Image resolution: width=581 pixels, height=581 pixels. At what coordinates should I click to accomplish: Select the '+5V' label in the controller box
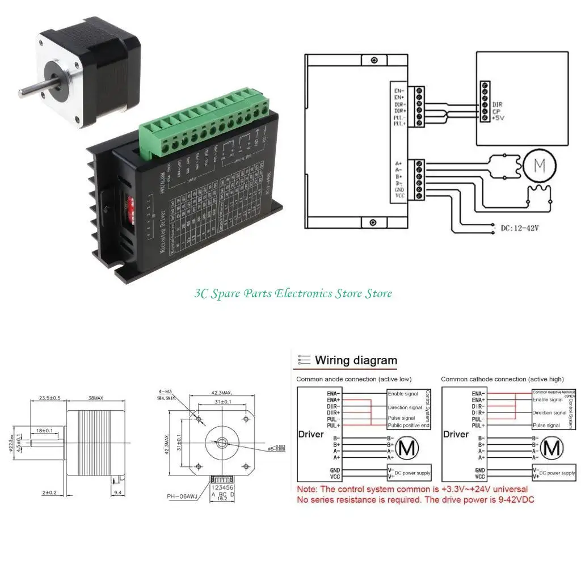[x=498, y=118]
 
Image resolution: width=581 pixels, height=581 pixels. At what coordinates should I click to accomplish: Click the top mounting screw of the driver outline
[x=373, y=61]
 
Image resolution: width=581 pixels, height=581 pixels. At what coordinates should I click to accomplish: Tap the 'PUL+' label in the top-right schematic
[x=400, y=123]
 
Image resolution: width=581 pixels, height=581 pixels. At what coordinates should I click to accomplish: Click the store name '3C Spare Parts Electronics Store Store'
[x=293, y=293]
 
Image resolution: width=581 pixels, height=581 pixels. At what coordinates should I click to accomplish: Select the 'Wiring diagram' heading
[x=356, y=360]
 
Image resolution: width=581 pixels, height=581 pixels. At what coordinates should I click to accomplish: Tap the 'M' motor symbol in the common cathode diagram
[x=551, y=448]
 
